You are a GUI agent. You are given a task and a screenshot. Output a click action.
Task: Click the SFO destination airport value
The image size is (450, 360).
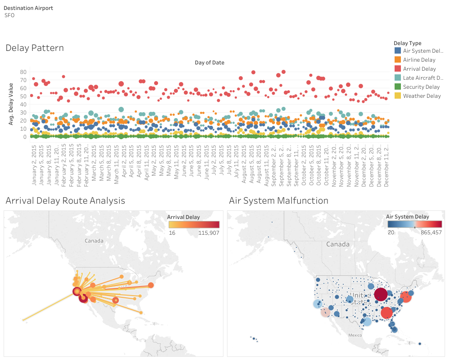coord(9,15)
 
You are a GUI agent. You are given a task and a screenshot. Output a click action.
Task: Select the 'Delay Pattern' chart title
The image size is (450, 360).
coord(35,48)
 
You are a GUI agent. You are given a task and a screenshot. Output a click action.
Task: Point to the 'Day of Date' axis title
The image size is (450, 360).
coord(209,63)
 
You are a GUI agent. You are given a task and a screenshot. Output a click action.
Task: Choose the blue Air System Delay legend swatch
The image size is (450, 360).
coord(397,51)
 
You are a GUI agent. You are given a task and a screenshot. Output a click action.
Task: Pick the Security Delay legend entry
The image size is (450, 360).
coord(421,87)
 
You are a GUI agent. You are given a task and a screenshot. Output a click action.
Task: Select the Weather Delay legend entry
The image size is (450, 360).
coord(422,96)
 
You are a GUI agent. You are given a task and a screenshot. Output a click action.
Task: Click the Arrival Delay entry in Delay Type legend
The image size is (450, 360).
coord(419,69)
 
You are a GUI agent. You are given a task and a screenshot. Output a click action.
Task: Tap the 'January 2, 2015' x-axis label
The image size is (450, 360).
coord(34,164)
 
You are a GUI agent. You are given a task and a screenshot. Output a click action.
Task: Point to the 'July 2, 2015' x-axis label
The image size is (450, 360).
coord(214,162)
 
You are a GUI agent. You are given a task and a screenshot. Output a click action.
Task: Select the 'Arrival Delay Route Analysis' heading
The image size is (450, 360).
coord(65,201)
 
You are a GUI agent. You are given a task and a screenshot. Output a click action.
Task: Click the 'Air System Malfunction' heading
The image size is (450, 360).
coord(278,201)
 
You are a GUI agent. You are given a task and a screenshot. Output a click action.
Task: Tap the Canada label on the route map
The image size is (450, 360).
coord(94,241)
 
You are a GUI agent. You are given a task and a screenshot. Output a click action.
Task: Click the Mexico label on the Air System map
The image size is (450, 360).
coord(355,335)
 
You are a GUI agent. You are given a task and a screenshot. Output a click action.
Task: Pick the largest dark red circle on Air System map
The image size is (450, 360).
coord(381,295)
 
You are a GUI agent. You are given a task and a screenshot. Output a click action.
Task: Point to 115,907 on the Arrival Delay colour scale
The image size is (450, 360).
coord(208,232)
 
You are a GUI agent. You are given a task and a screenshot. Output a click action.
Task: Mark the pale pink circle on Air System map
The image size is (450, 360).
coord(325,313)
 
